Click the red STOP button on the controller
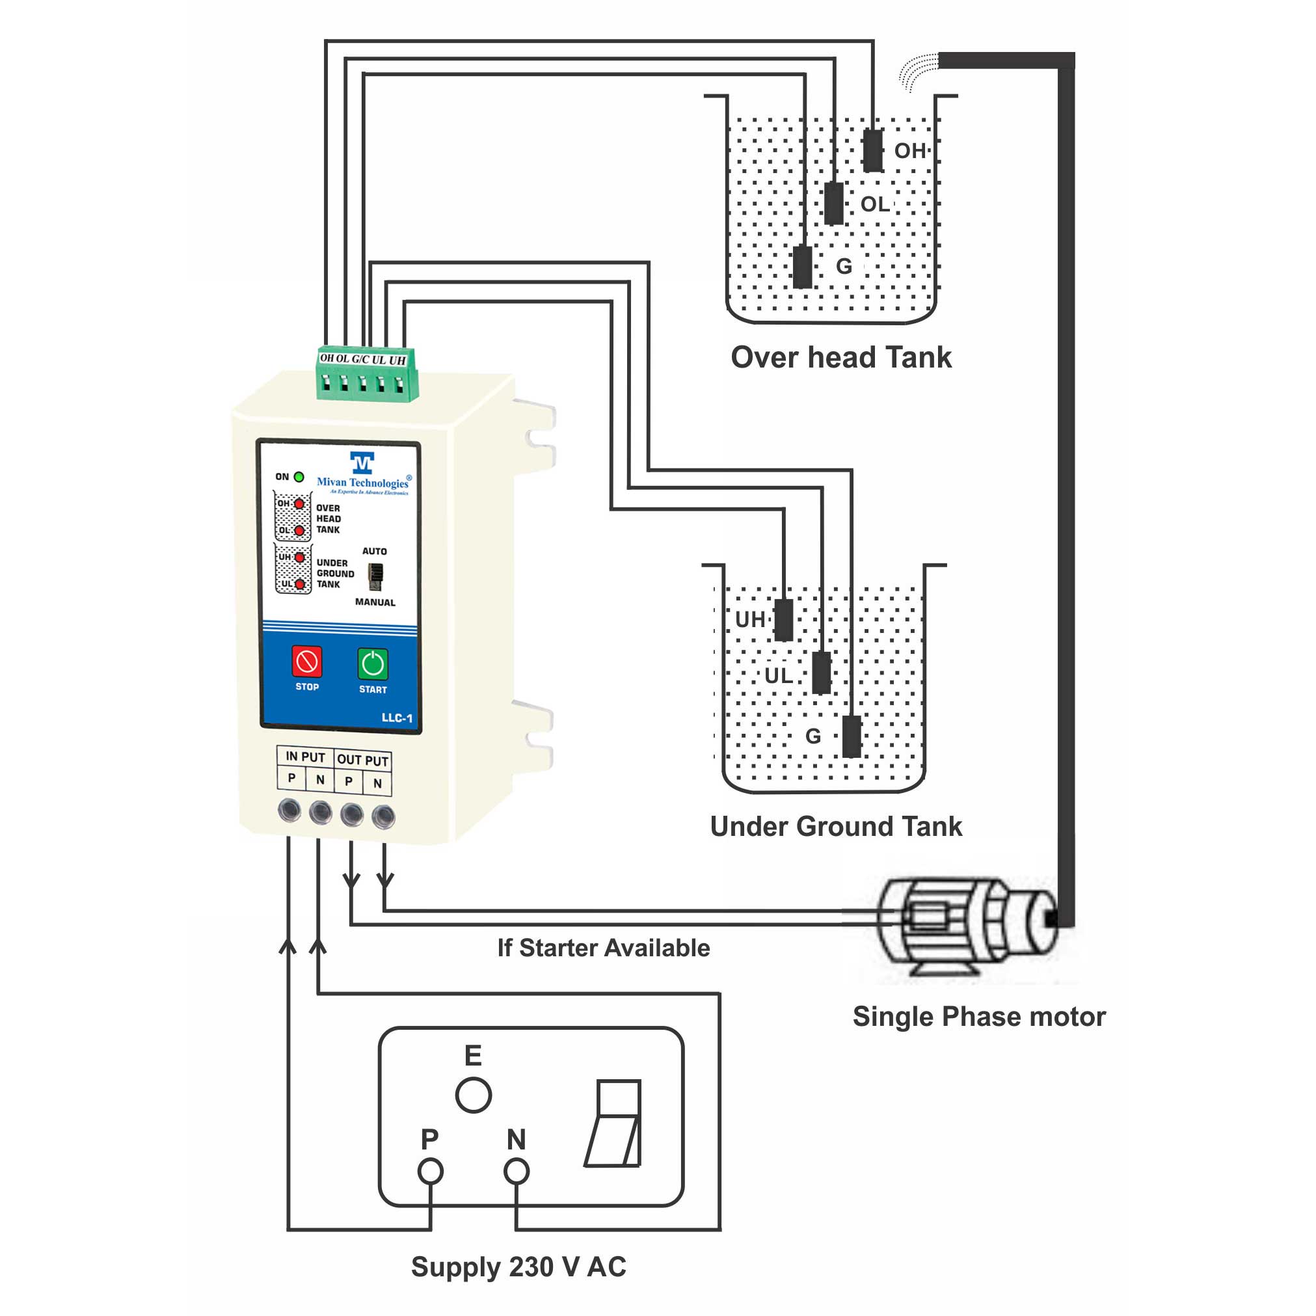[x=306, y=662]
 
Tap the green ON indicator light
[x=299, y=477]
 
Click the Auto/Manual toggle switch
[x=375, y=576]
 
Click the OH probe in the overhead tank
[x=872, y=150]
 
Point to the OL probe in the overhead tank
[x=834, y=203]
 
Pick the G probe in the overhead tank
[x=803, y=266]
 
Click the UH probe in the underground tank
[x=784, y=619]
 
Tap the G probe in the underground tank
[x=852, y=736]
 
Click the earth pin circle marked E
[x=473, y=1095]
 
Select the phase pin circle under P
[x=430, y=1172]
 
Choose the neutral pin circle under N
[x=517, y=1172]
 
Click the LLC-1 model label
[x=396, y=718]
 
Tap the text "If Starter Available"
[x=604, y=948]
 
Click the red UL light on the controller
[x=299, y=584]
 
